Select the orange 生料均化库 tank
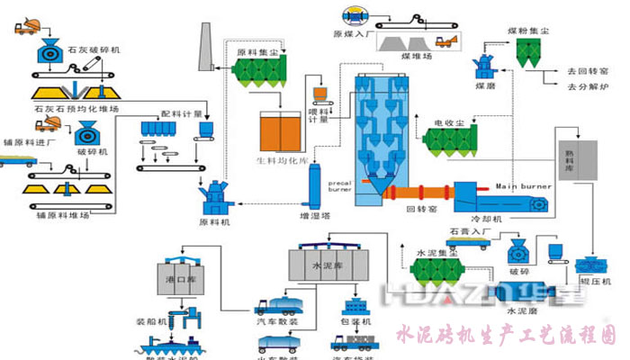click(x=281, y=130)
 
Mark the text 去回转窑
click(x=588, y=71)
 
